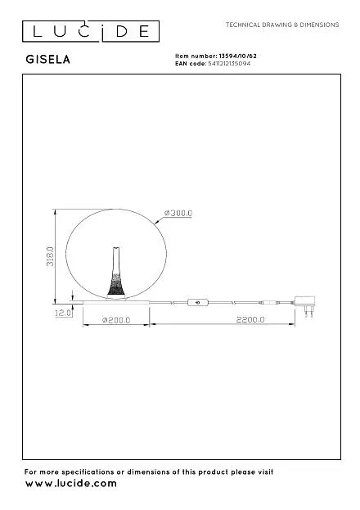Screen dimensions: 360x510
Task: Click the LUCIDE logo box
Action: [91, 31]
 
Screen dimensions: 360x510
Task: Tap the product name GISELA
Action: [47, 60]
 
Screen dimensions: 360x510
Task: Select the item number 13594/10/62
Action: [238, 56]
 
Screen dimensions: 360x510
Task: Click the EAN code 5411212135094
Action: [229, 63]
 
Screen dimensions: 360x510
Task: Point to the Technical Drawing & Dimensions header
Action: [282, 25]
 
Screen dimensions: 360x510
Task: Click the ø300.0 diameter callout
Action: [178, 213]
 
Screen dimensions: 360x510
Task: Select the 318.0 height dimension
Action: [50, 256]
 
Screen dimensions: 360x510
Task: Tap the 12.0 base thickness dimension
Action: [63, 313]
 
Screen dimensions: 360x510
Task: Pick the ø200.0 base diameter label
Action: [116, 320]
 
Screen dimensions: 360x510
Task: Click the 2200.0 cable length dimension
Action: [250, 320]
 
